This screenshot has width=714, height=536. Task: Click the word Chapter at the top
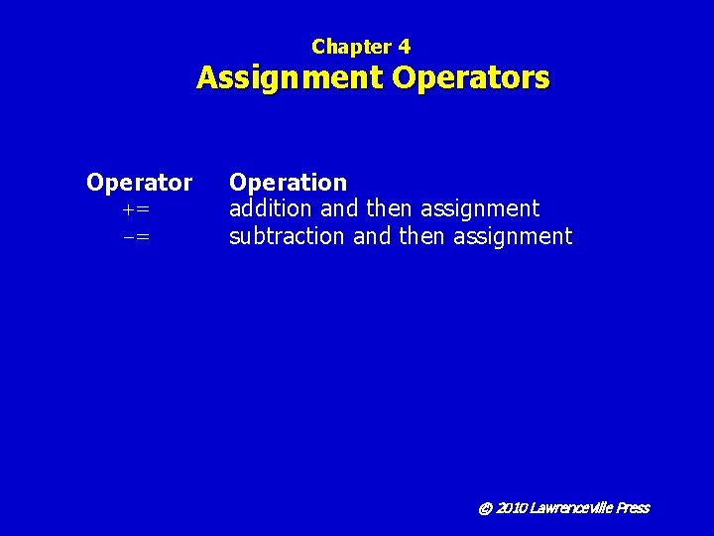(x=350, y=47)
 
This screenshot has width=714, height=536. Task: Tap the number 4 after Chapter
(x=404, y=47)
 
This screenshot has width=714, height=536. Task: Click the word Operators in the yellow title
(x=471, y=77)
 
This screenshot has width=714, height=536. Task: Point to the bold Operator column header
(x=139, y=183)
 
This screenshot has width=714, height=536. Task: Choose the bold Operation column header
(x=288, y=183)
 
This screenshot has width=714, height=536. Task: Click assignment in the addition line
(x=480, y=209)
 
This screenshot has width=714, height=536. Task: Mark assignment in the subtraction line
(x=513, y=236)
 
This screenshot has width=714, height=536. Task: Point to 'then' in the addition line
(x=390, y=209)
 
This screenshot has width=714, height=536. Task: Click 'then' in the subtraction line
(x=422, y=236)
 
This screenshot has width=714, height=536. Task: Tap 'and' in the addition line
(x=339, y=209)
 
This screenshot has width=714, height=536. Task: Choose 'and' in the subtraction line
(x=372, y=236)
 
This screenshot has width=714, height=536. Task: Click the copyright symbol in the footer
(x=485, y=508)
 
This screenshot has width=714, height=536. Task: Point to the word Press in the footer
(x=632, y=508)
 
